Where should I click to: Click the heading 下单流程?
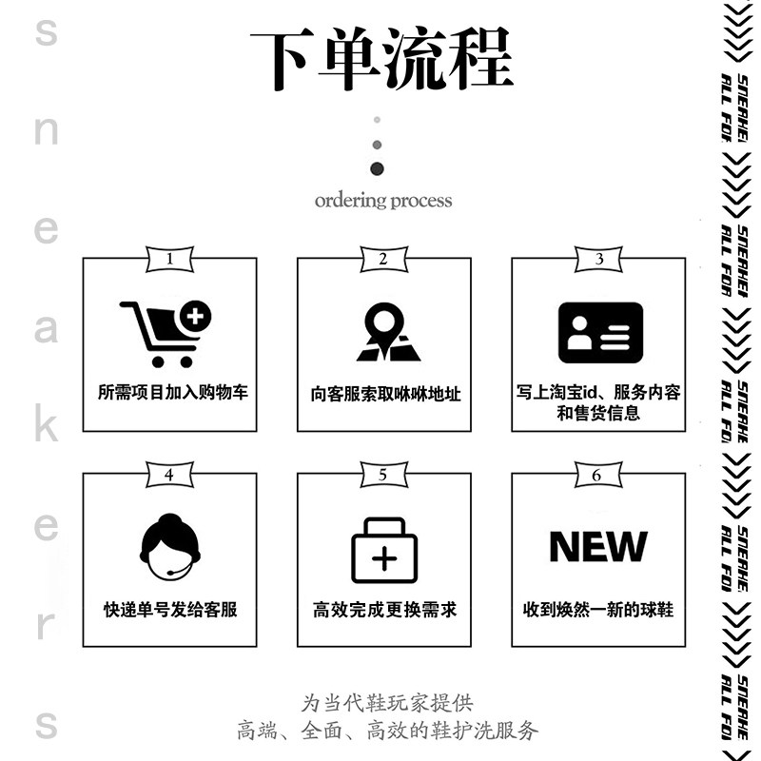pos(381,59)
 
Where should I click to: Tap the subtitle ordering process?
pos(382,201)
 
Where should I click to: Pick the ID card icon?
pos(599,333)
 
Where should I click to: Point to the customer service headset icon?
pos(169,549)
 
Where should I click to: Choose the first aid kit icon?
pos(383,551)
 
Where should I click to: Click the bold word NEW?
pos(598,547)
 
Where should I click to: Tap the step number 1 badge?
pos(169,258)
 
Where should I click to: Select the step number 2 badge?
pos(383,258)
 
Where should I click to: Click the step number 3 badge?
pos(598,258)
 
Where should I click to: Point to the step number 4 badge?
pos(169,474)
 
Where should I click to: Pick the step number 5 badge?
pos(383,474)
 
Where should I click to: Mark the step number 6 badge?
pos(597,474)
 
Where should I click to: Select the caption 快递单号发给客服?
pos(170,609)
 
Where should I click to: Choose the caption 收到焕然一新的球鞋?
pos(598,609)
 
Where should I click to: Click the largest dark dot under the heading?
pos(378,168)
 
